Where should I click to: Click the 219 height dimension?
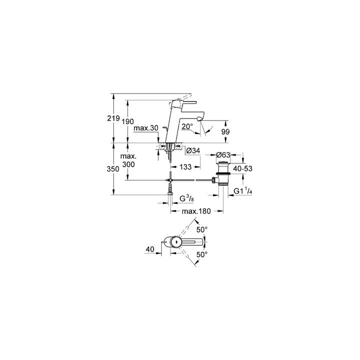pyautogui.click(x=113, y=118)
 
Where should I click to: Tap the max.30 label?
pyautogui.click(x=146, y=128)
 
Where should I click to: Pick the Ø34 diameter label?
pyautogui.click(x=193, y=150)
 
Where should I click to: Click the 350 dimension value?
pyautogui.click(x=113, y=169)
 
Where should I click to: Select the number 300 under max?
pyautogui.click(x=128, y=164)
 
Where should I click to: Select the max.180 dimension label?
pyautogui.click(x=195, y=212)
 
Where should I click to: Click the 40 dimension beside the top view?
pyautogui.click(x=150, y=248)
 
